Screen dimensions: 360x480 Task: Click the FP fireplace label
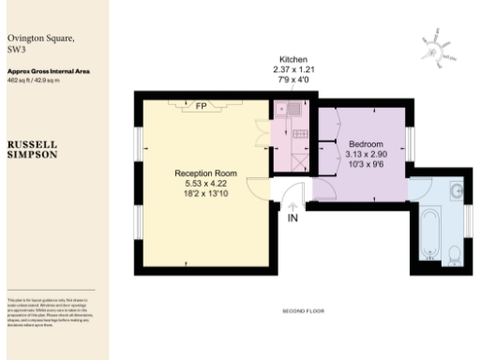201,106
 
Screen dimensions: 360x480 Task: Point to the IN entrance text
293,221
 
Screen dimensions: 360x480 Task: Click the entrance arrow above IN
293,208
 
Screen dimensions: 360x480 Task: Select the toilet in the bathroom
454,251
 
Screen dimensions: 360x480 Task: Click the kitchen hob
301,135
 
